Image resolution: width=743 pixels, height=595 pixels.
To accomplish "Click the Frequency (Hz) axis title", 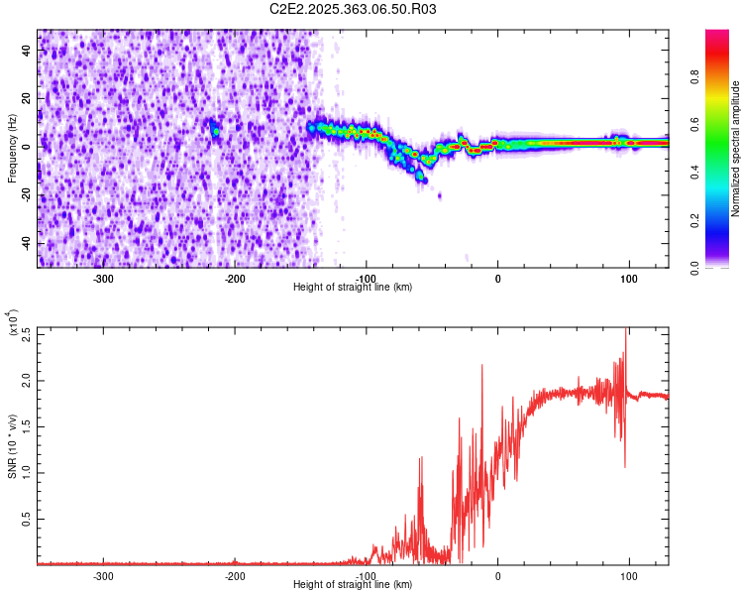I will click(12, 150).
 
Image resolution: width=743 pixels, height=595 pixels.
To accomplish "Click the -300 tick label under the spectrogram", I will click(103, 278).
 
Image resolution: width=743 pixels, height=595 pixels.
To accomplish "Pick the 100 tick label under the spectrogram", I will click(628, 278).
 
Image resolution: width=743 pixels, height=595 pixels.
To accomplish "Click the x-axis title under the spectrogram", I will click(354, 287).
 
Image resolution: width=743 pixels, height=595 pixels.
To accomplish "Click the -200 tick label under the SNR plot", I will click(235, 575).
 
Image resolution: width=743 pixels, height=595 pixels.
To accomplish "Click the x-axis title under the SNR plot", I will click(354, 584).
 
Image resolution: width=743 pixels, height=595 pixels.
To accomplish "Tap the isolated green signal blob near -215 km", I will click(214, 129).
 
